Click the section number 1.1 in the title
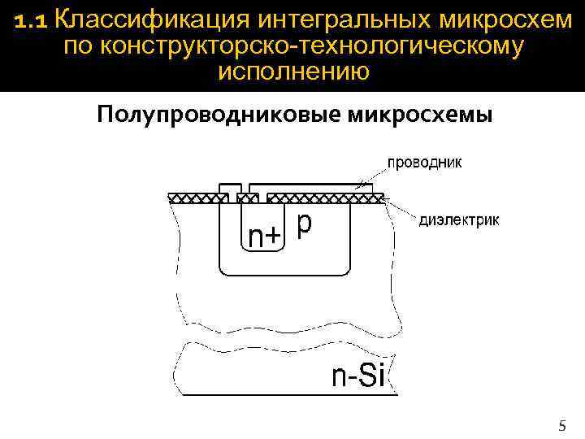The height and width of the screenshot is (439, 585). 32,20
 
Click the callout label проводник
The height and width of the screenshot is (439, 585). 425,162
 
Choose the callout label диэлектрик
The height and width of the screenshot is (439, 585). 460,219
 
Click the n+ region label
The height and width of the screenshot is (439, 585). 264,236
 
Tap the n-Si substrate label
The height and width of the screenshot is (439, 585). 358,376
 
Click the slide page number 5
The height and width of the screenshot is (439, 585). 562,425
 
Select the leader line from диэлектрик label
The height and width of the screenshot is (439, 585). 402,210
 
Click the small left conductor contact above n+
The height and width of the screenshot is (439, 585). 230,188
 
